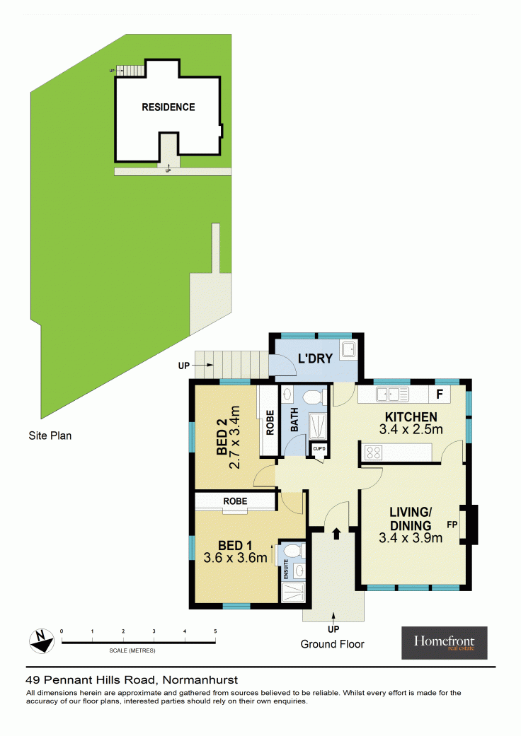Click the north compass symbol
click(42, 641)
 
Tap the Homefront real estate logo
click(444, 643)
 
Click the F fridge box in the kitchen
click(440, 395)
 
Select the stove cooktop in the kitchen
click(374, 452)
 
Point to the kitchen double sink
click(392, 395)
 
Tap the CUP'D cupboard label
click(319, 449)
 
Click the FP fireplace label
click(452, 525)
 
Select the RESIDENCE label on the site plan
click(168, 107)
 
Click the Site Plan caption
click(50, 436)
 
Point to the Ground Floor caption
click(332, 644)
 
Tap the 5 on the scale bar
click(215, 631)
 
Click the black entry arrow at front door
click(336, 533)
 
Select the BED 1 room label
click(235, 545)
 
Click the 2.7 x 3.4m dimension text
click(234, 438)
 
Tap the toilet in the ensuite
click(294, 551)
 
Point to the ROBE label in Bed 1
click(235, 501)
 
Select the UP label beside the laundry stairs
click(183, 366)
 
